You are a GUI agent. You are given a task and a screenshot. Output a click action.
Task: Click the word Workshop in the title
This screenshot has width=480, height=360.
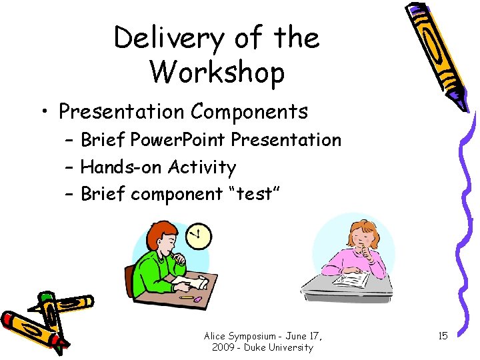click(x=217, y=72)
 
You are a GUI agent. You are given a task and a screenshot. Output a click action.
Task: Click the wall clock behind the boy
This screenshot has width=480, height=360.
click(x=198, y=234)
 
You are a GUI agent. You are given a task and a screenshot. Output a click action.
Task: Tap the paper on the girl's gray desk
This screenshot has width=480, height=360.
click(x=349, y=277)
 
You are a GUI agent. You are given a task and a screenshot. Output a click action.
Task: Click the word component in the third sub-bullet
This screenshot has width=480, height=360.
click(x=172, y=194)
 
